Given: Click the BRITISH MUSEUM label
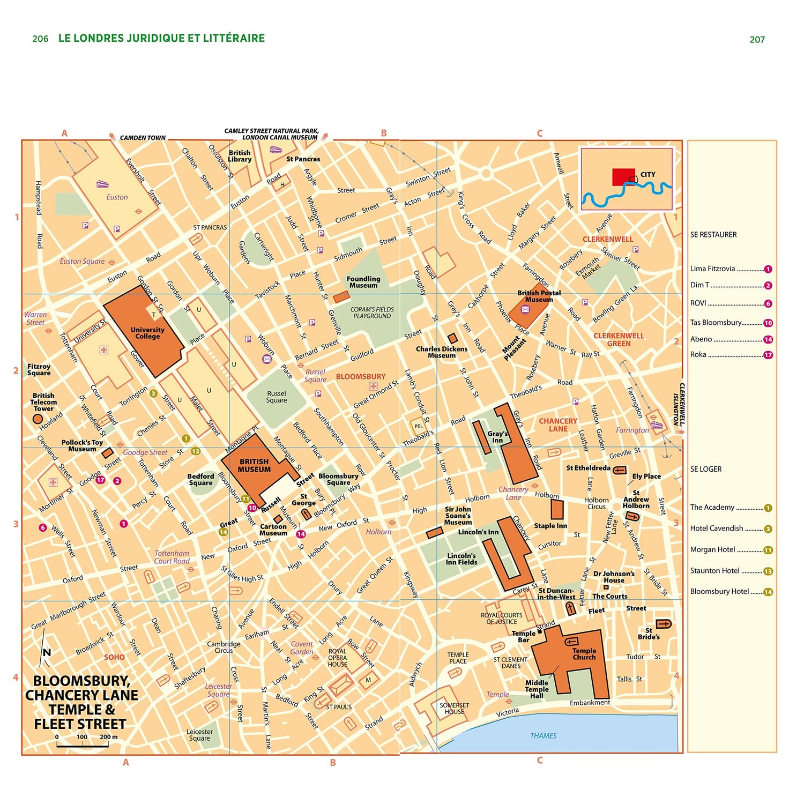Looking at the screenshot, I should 254,465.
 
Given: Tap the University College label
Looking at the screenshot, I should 147,333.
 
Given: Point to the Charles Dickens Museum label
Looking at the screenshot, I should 442,352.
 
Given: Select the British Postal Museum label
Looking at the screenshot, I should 539,296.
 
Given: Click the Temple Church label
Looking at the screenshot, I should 584,653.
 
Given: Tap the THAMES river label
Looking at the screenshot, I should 544,735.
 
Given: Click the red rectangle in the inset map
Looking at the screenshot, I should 623,177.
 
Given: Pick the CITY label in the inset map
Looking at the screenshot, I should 647,174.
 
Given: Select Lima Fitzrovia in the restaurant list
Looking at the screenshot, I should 712,269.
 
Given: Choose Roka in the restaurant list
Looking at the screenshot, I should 698,354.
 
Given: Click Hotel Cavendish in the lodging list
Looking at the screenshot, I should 717,528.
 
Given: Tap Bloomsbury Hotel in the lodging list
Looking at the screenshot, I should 719,591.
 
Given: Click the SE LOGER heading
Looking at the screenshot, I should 706,469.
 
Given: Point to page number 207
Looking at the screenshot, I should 757,39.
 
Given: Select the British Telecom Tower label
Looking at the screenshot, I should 43,402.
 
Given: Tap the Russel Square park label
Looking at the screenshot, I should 277,397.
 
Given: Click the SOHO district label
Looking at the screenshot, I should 114,657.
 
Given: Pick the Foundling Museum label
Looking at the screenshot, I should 363,282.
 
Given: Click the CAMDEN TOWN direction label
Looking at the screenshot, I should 143,138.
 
